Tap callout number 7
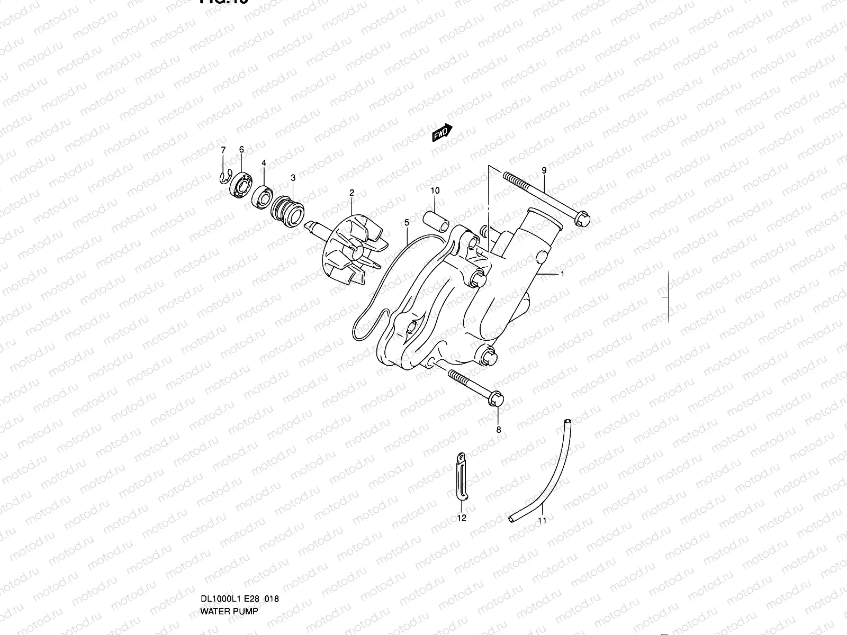223,150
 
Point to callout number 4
264,163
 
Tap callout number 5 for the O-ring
407,223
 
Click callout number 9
544,170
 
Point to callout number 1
562,274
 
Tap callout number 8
498,430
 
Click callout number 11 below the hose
542,520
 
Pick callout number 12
462,518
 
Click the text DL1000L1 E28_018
239,599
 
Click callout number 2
351,193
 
